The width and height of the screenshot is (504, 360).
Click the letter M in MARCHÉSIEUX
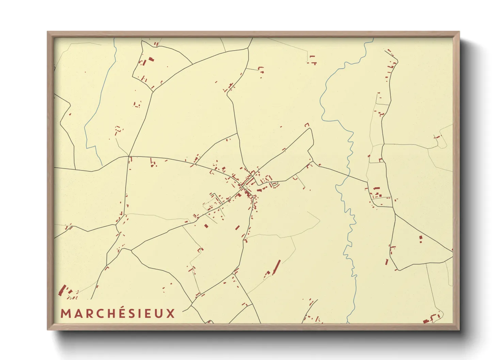65,313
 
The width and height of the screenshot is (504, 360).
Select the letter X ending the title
171,313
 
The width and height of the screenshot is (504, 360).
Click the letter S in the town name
131,313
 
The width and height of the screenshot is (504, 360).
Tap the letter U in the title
159,313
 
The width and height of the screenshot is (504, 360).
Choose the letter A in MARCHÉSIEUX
77,313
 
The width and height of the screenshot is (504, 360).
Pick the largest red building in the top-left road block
151,59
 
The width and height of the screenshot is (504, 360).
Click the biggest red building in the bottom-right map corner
425,321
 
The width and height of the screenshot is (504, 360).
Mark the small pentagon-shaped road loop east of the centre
275,184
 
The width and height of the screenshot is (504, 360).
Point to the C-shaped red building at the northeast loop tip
307,125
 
